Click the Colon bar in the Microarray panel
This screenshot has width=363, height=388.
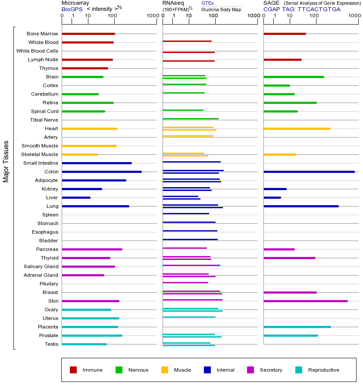pyautogui.click(x=102, y=172)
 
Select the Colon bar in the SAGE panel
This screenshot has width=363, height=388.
pyautogui.click(x=309, y=172)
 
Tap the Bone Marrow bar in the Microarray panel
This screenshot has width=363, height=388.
pyautogui.click(x=88, y=34)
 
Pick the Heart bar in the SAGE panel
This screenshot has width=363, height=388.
pyautogui.click(x=297, y=128)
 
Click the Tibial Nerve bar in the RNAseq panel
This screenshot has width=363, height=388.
pyautogui.click(x=190, y=119)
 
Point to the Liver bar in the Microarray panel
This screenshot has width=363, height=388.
pyautogui.click(x=76, y=197)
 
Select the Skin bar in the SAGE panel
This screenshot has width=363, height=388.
pyautogui.click(x=305, y=301)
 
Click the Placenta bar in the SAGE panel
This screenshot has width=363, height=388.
pyautogui.click(x=297, y=327)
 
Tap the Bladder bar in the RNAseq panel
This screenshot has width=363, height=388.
pyautogui.click(x=190, y=239)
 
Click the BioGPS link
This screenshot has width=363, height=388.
pyautogui.click(x=72, y=9)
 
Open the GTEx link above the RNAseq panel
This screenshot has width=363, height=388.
pyautogui.click(x=207, y=3)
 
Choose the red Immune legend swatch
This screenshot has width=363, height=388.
pyautogui.click(x=73, y=370)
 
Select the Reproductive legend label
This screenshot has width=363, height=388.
pyautogui.click(x=323, y=370)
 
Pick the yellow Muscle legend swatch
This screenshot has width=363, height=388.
pyautogui.click(x=165, y=370)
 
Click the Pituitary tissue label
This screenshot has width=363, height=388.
pyautogui.click(x=49, y=284)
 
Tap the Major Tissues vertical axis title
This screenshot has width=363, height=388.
pyautogui.click(x=6, y=161)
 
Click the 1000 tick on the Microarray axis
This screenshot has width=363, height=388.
pyautogui.click(x=152, y=16)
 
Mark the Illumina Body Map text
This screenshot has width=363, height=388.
pyautogui.click(x=221, y=9)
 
